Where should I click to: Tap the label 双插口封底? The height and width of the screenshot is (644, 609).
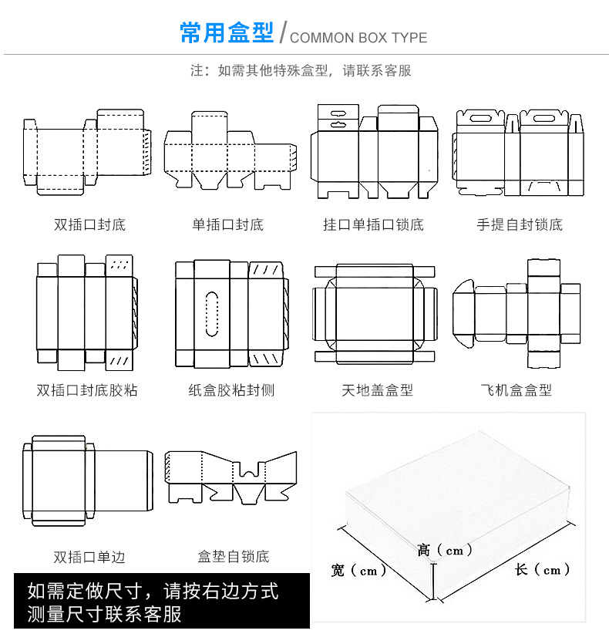click(89, 225)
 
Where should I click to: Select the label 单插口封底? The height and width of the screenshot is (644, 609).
click(227, 225)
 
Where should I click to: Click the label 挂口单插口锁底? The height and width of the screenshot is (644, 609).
click(373, 225)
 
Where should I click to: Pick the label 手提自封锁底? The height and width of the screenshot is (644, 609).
click(520, 225)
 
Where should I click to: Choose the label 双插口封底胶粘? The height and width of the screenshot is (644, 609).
click(87, 390)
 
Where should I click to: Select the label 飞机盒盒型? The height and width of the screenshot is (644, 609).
click(516, 390)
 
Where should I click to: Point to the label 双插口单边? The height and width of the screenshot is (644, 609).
click(89, 557)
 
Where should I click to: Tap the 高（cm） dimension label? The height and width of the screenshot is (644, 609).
click(445, 551)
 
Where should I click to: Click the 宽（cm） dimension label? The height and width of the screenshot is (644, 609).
click(358, 572)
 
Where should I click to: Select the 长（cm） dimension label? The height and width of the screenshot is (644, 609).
click(543, 570)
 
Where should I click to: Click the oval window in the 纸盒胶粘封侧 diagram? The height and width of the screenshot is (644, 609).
click(213, 314)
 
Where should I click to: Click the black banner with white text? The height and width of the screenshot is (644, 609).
click(162, 602)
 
